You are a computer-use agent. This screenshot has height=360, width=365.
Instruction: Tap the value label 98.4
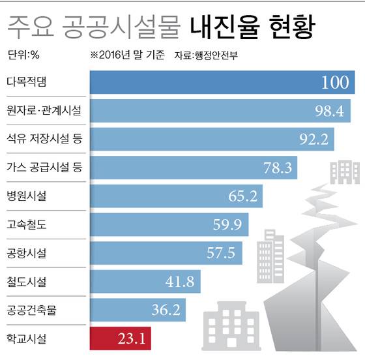click(328, 111)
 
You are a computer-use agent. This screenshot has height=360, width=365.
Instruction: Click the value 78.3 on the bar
click(277, 168)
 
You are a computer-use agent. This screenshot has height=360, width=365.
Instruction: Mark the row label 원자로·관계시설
click(43, 111)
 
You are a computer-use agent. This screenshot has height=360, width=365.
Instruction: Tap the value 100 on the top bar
click(338, 82)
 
